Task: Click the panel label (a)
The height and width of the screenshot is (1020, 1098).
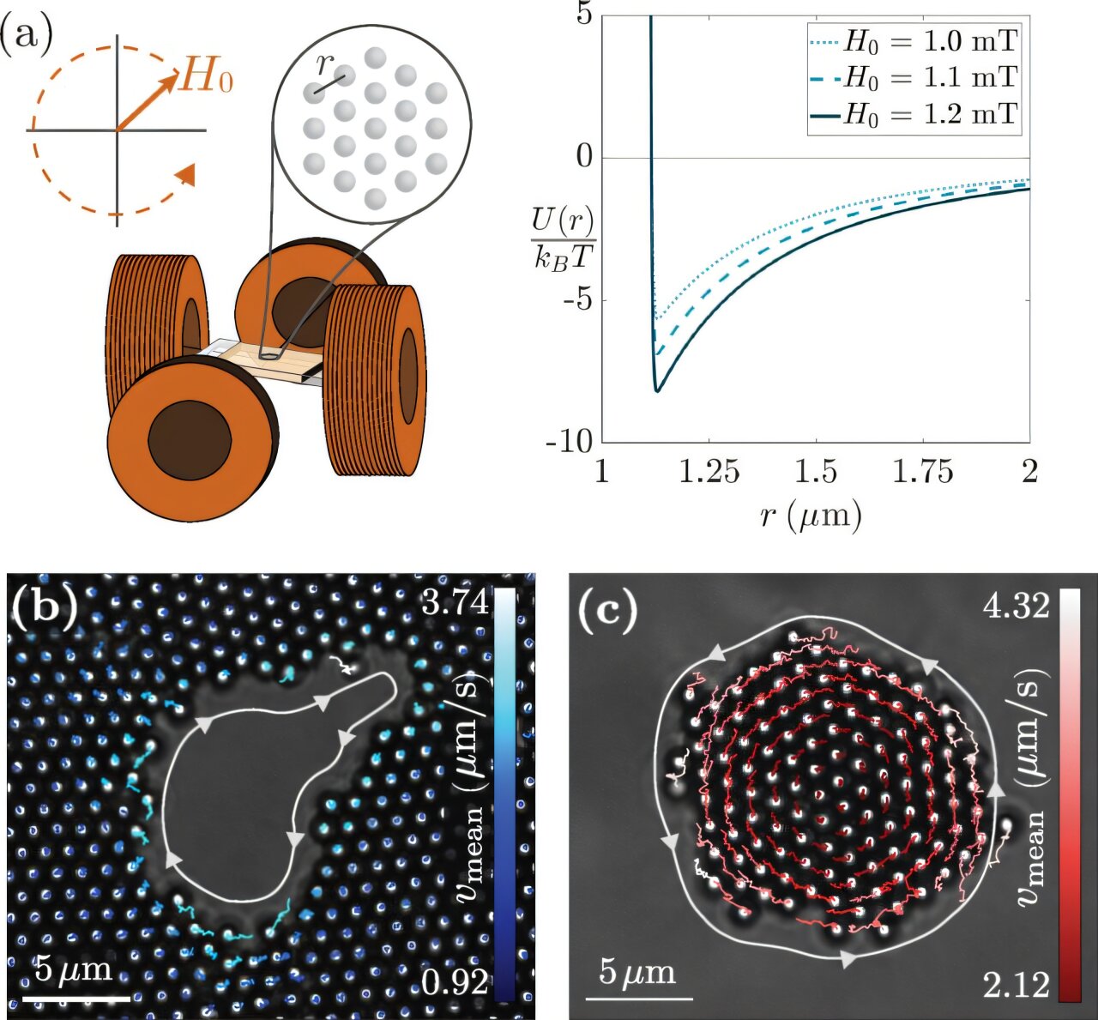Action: tap(27, 36)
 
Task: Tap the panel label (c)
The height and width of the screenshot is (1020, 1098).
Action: tap(608, 610)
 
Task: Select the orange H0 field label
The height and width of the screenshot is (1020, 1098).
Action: tap(207, 78)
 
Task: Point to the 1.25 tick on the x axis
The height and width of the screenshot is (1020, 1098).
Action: tap(709, 472)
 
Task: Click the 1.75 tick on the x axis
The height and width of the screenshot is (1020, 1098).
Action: tap(923, 472)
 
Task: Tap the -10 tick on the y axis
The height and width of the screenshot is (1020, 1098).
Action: tap(570, 442)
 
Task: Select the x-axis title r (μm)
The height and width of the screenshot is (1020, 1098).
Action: tap(811, 515)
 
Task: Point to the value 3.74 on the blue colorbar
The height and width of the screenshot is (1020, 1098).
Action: tap(455, 602)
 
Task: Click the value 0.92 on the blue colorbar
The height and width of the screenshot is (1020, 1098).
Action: tap(455, 981)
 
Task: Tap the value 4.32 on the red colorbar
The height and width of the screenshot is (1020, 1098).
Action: tap(1017, 606)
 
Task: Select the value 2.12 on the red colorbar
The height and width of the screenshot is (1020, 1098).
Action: tap(1017, 985)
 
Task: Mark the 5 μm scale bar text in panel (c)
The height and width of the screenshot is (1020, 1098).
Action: tap(637, 973)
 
